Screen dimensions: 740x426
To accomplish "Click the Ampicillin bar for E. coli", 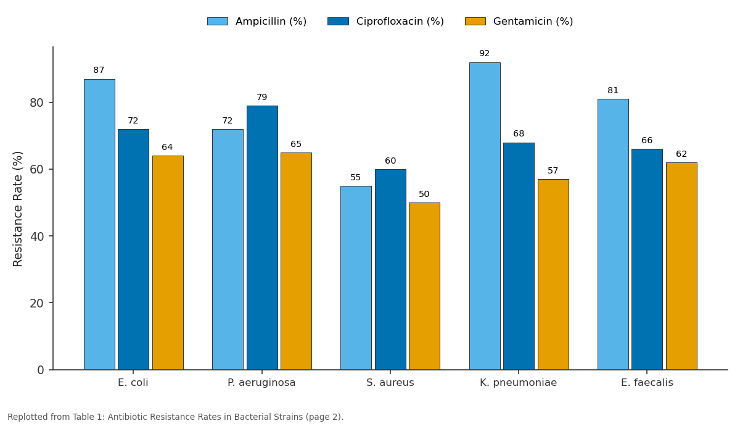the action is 99,224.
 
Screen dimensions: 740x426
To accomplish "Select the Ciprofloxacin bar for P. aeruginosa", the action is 262,238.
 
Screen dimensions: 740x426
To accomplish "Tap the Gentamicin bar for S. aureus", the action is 424,286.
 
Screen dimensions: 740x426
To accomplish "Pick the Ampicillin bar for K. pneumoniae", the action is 485,216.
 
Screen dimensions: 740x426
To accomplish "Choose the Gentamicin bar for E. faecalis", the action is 681,266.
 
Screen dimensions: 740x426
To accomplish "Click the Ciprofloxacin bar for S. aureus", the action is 390,269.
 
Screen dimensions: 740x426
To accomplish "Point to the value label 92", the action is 484,53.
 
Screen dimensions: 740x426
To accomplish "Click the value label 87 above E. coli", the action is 99,70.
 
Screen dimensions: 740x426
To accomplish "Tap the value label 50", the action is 424,194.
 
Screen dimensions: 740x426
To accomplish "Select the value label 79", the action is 261,98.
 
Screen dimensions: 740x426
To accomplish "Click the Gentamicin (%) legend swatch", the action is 475,22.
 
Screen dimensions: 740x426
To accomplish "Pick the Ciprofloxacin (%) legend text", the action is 400,22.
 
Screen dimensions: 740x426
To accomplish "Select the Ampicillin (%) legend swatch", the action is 218,22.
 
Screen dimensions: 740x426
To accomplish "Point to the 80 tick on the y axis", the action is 51,102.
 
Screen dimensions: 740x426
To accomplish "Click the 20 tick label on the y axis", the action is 36,303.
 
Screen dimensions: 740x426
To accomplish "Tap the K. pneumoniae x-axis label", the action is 519,383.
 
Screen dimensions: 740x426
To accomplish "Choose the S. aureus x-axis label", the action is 390,383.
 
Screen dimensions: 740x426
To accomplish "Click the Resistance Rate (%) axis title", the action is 17,209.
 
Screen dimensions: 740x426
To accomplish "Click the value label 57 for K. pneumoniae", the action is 553,170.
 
